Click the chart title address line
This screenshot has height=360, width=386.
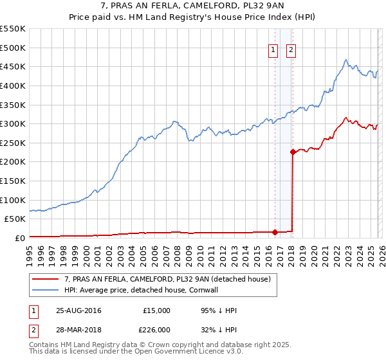tap(193, 6)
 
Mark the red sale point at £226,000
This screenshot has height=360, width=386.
tap(293, 152)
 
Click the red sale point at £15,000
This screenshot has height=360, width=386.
tap(275, 232)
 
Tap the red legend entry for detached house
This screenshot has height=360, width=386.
tap(170, 279)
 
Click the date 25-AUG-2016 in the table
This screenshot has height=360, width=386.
tap(78, 310)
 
